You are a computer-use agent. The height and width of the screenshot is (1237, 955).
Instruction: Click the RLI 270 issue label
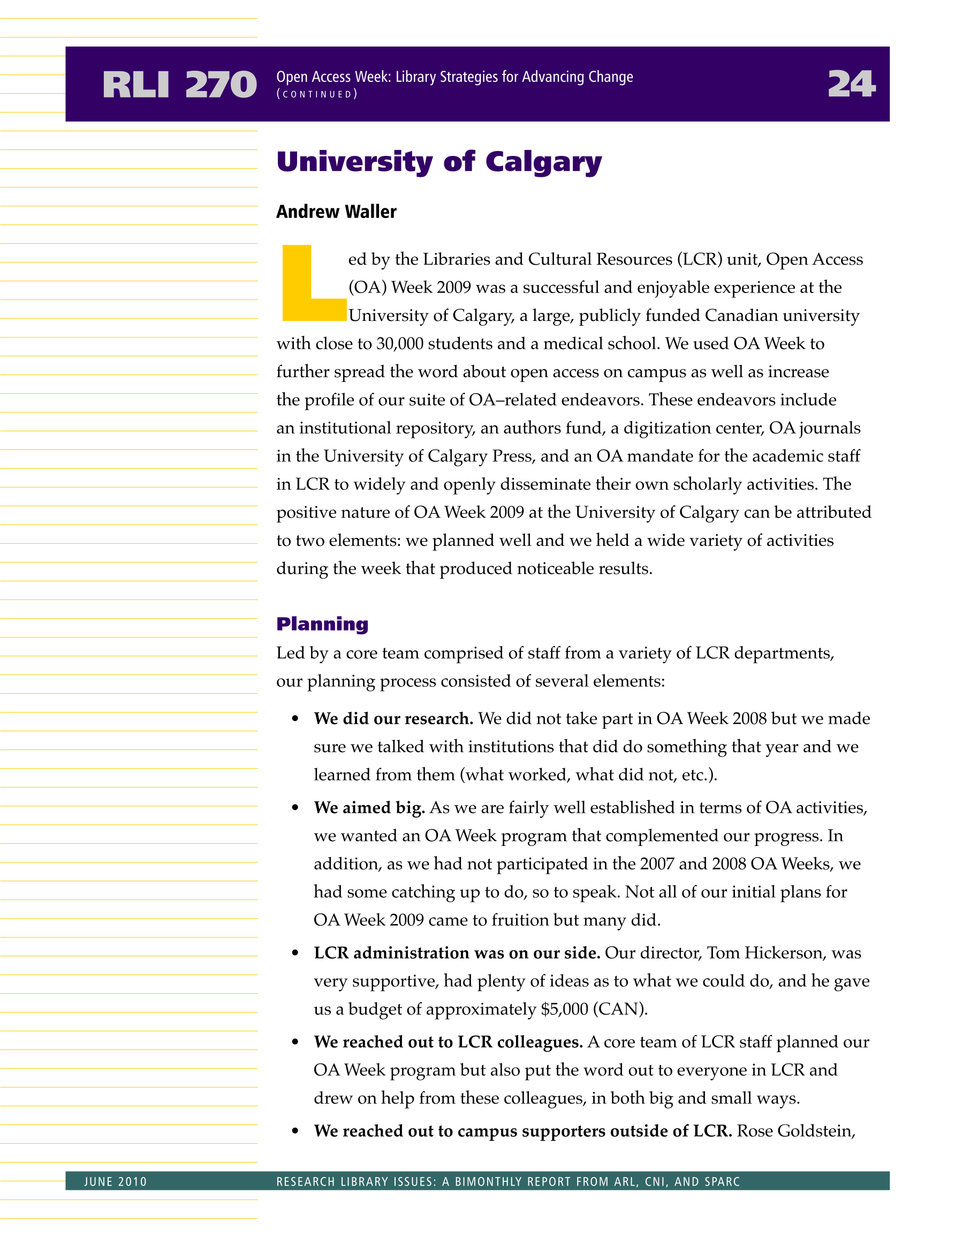click(x=179, y=85)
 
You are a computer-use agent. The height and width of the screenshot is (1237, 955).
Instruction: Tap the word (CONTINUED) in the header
click(x=317, y=94)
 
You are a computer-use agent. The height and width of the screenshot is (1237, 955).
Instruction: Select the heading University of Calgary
click(x=439, y=162)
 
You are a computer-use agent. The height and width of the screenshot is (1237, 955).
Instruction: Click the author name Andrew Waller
click(x=336, y=212)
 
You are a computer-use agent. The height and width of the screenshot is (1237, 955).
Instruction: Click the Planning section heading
click(x=322, y=624)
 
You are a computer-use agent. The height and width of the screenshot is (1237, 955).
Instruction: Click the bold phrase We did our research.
click(x=393, y=719)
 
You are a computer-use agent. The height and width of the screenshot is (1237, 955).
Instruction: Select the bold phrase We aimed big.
click(x=369, y=808)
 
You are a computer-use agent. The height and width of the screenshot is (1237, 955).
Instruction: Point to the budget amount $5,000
click(x=564, y=1009)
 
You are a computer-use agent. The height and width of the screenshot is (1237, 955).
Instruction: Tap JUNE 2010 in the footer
click(x=116, y=1181)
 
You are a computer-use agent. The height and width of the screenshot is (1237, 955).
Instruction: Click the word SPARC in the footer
click(x=722, y=1181)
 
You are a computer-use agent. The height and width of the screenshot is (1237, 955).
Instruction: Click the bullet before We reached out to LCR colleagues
click(x=295, y=1042)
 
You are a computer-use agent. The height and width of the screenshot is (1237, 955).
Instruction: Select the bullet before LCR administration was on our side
click(x=295, y=953)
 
